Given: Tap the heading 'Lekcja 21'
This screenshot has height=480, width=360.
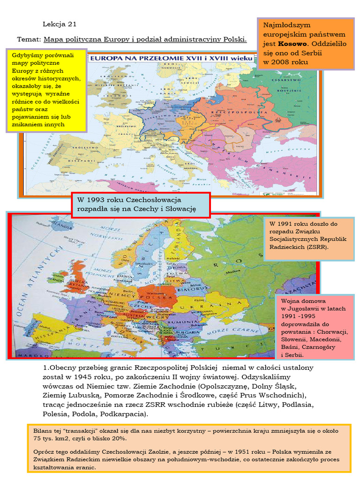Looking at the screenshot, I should click(x=60, y=24).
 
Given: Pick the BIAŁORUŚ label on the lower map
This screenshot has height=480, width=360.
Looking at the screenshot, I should click(x=193, y=290).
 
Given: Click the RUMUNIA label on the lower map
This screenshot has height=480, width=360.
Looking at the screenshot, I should click(x=183, y=322).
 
